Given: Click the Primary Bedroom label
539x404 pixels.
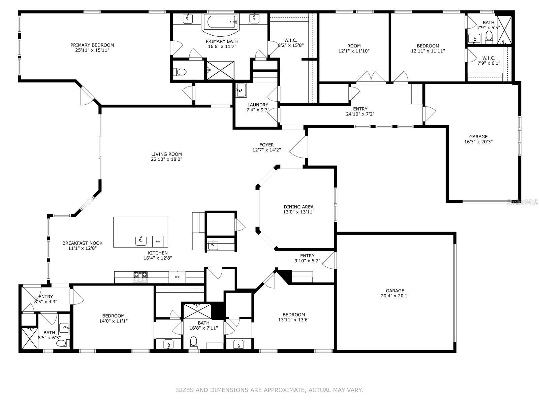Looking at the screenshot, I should (x=92, y=45).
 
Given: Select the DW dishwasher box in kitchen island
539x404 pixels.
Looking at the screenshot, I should (x=158, y=241).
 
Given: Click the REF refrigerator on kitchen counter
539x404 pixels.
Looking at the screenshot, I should (x=177, y=277).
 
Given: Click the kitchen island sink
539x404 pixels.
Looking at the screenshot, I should (x=141, y=241).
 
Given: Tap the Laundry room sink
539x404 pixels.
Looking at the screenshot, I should (x=241, y=90).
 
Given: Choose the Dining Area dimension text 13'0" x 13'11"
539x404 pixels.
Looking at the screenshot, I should (x=299, y=212).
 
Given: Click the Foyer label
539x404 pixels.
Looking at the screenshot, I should (x=266, y=145).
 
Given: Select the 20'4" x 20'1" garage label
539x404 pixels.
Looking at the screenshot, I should (x=395, y=296).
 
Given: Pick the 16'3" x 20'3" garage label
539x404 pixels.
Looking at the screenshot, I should (x=478, y=142).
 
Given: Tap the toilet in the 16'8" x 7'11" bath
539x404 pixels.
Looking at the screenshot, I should (x=194, y=342).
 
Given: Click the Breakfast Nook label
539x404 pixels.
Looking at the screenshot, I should (x=82, y=243).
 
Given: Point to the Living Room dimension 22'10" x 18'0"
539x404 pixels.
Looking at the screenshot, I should (x=166, y=159).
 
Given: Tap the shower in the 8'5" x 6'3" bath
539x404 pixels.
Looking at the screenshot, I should (x=30, y=338).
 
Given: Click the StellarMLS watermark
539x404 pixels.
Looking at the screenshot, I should (x=522, y=202).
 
